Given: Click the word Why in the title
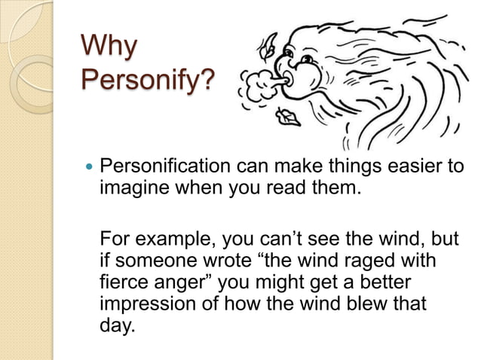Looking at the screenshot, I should coord(109,47).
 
